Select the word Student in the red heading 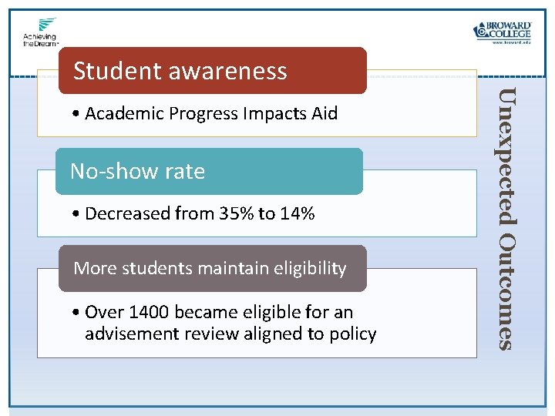point(116,71)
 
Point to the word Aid point(324,114)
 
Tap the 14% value point(296,213)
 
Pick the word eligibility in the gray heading point(308,268)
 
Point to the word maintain point(230,268)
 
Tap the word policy point(351,334)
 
